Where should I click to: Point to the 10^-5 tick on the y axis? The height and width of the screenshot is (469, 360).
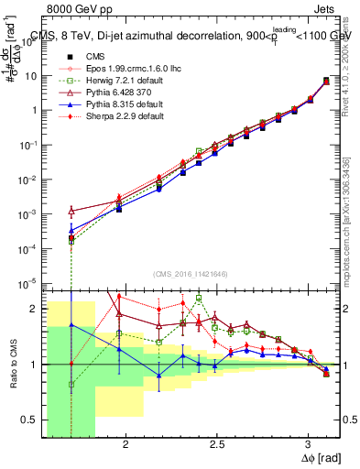click(28, 282)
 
